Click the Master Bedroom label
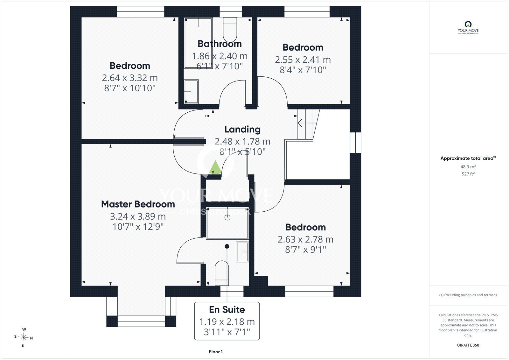[x=138, y=204]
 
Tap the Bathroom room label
[x=220, y=44]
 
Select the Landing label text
[x=242, y=130]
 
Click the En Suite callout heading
[x=227, y=309]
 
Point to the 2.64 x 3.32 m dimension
[x=130, y=78]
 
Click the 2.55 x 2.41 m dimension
[x=303, y=60]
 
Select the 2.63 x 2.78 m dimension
[x=305, y=239]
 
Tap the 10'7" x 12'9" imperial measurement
[x=138, y=227]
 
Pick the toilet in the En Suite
[x=222, y=273]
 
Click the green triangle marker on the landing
[x=215, y=167]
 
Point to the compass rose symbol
[x=24, y=337]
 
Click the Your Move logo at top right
[x=468, y=28]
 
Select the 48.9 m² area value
[x=468, y=167]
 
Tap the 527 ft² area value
[x=468, y=174]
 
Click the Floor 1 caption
[x=216, y=352]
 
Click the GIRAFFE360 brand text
[x=468, y=345]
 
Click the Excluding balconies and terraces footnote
[x=468, y=295]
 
